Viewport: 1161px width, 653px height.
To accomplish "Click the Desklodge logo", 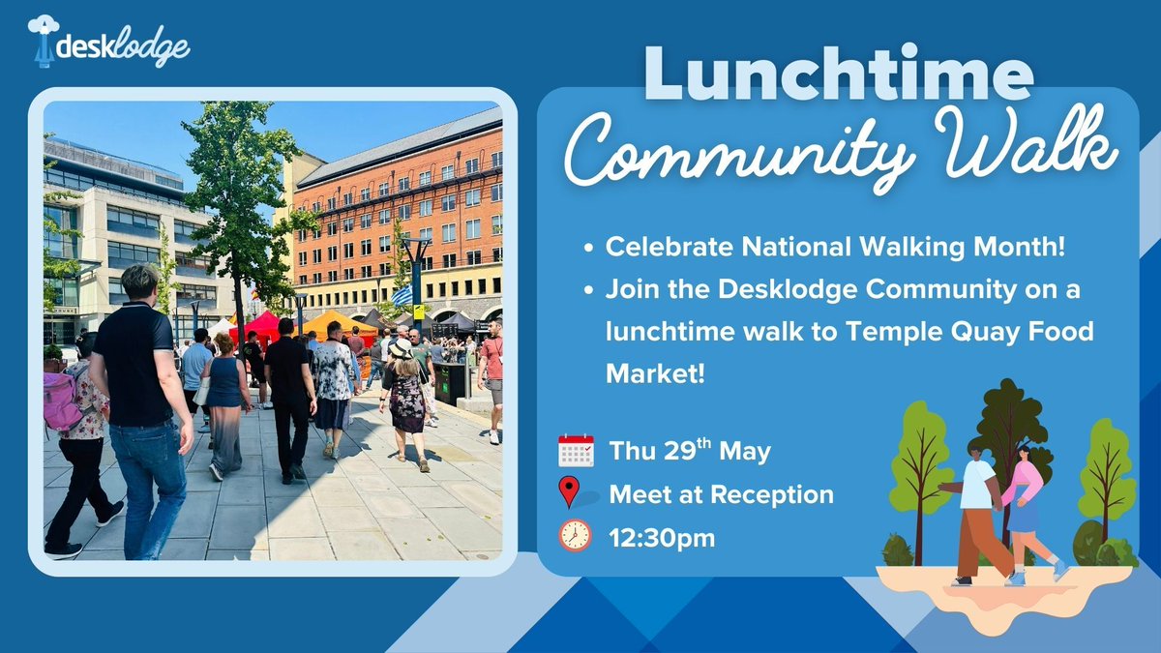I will [x=108, y=43].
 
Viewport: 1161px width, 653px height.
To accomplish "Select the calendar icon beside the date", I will [x=576, y=451].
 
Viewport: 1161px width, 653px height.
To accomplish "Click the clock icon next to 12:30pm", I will [x=575, y=536].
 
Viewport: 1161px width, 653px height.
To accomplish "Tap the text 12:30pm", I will [x=662, y=538].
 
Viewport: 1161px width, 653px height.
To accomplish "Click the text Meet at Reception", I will [x=721, y=494].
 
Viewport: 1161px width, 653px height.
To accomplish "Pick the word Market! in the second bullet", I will [x=647, y=371].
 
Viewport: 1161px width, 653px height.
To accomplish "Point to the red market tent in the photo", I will [x=258, y=324].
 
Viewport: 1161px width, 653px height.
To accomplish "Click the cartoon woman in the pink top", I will [x=1022, y=503].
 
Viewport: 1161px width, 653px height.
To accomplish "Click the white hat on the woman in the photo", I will [x=400, y=348].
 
